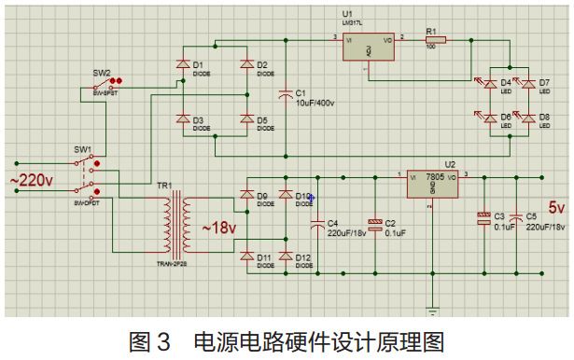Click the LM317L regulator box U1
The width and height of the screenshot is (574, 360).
coord(369,48)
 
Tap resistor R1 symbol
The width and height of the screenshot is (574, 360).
coord(436,40)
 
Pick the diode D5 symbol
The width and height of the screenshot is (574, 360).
coord(246,119)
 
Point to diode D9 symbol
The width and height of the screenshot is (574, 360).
coord(246,196)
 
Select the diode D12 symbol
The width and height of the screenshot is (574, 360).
coord(284,256)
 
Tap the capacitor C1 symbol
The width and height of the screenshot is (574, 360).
coord(286,93)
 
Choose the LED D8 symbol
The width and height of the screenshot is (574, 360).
coord(529,119)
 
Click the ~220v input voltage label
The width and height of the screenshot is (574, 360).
coord(30,179)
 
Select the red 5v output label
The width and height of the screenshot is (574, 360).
coord(556,207)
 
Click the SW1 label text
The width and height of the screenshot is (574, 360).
coord(82,150)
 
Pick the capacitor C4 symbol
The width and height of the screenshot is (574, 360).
coord(318,222)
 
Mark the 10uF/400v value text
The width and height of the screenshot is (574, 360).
coord(315,102)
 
